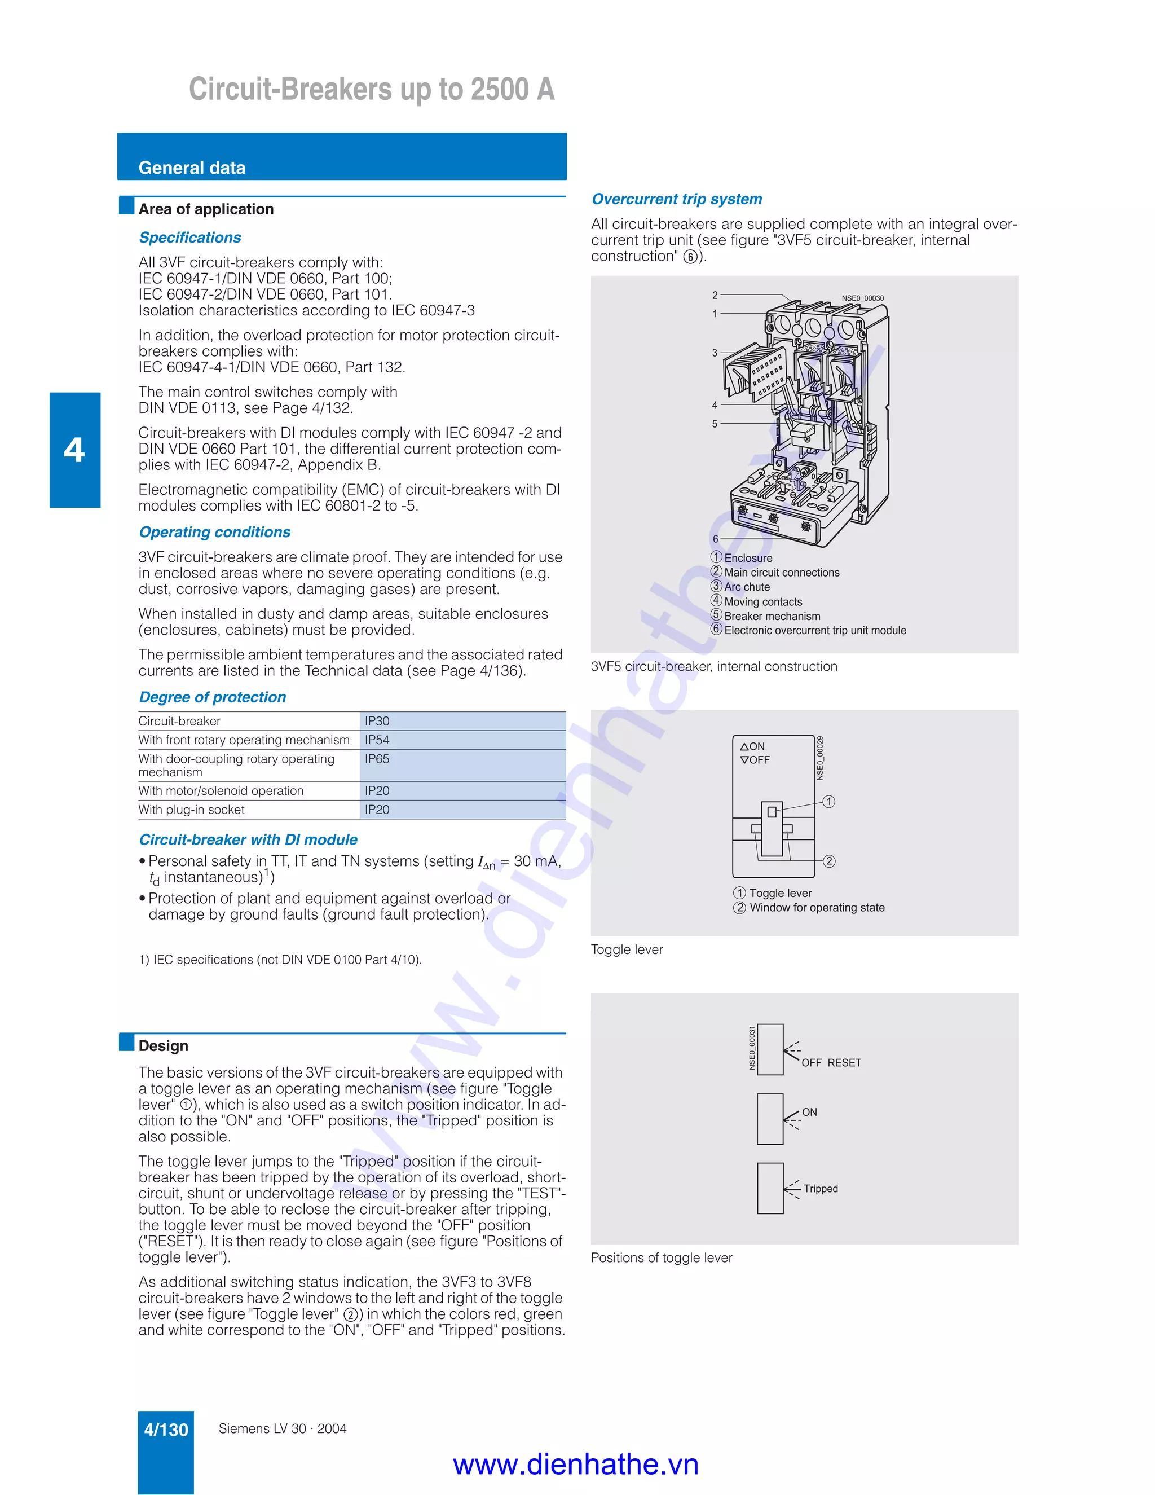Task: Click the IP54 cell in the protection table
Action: (377, 740)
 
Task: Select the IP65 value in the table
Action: (377, 759)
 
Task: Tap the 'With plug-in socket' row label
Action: (191, 810)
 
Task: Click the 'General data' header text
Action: (192, 168)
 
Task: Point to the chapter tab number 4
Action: (74, 450)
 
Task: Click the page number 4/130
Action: (166, 1430)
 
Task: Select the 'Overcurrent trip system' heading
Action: (676, 199)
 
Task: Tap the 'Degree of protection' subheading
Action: (212, 697)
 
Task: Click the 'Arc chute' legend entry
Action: (747, 587)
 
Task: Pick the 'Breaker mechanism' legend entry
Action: (772, 616)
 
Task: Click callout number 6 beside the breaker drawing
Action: (715, 539)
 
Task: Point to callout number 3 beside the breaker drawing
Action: (715, 353)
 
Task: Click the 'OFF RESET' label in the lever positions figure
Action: (831, 1063)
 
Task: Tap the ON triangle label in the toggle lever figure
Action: (753, 746)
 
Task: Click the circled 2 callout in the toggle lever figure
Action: (828, 861)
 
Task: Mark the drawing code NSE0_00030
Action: (862, 298)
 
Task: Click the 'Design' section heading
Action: (163, 1046)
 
